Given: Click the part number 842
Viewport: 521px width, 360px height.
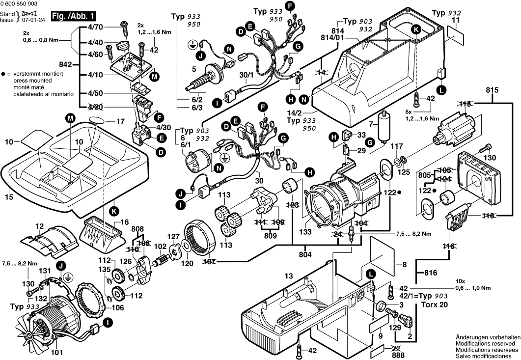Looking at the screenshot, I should click(x=65, y=64).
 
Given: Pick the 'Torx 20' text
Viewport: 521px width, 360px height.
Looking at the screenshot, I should click(x=434, y=305).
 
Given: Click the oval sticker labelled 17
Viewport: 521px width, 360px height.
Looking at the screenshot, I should click(x=97, y=120).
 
